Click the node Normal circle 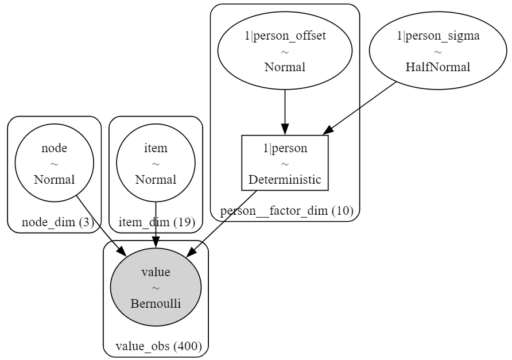tap(54, 162)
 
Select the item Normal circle tap(156, 162)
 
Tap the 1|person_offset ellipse tap(285, 51)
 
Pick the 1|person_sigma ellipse tap(438, 51)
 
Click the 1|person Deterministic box tap(285, 162)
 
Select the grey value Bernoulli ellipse tap(156, 287)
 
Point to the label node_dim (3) tap(58, 222)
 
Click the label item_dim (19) tap(157, 222)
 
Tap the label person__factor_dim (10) tap(286, 211)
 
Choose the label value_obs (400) tap(158, 346)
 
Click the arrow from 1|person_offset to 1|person tap(285, 113)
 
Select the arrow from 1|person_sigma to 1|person tap(359, 108)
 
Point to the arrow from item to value tap(156, 224)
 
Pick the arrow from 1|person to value tap(221, 223)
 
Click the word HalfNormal tap(438, 67)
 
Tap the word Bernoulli tap(156, 304)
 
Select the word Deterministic tap(285, 179)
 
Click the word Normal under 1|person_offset tap(285, 67)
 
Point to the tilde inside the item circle tap(156, 164)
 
